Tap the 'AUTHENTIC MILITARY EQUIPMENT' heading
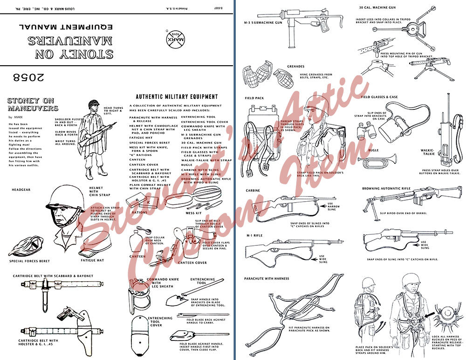point(177,97)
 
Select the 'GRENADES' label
point(295,67)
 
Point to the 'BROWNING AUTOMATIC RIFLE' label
point(387,189)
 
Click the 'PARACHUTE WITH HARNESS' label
point(267,278)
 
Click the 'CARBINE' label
point(253,190)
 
